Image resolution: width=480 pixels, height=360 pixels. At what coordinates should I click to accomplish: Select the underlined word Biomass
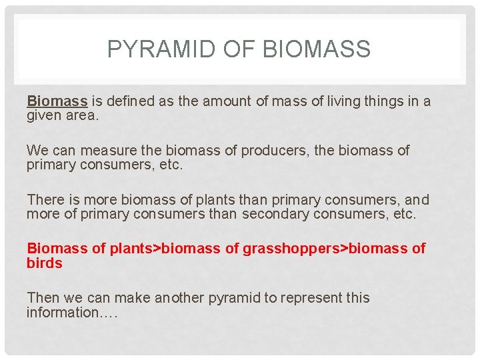tap(57, 101)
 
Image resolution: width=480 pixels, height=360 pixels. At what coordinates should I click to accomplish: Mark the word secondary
tap(275, 215)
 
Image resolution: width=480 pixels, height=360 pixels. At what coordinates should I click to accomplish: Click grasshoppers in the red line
tap(291, 249)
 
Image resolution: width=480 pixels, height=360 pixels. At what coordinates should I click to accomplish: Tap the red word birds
tap(44, 263)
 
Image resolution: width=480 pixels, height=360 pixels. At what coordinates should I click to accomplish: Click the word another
tap(181, 298)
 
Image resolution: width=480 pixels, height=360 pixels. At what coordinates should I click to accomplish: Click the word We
tap(37, 151)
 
